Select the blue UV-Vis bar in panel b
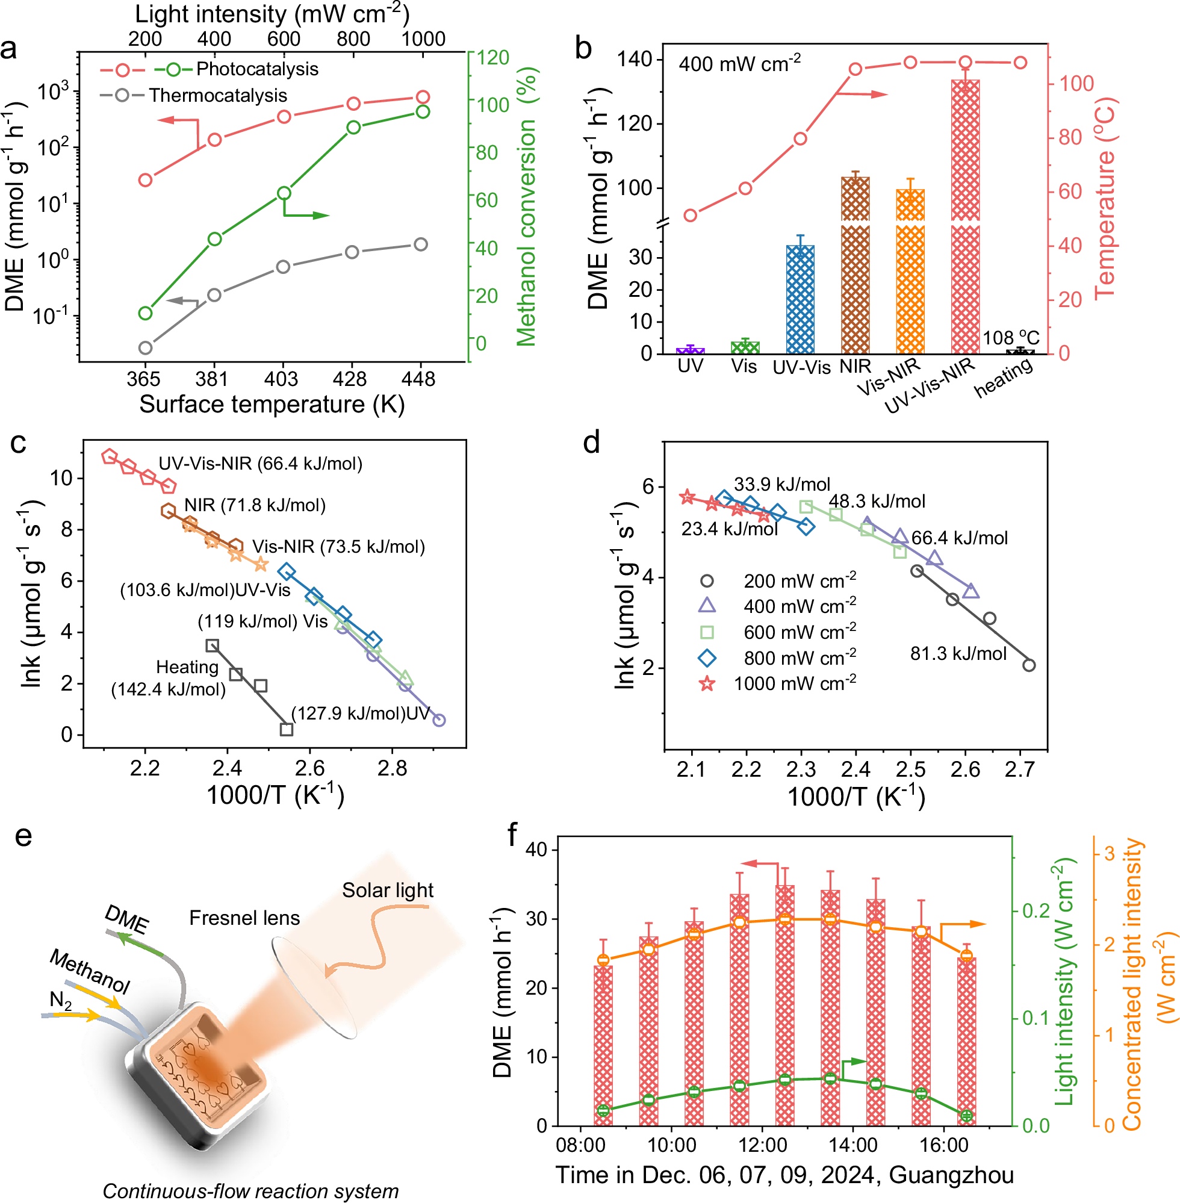coord(800,300)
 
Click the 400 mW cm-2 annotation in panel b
coord(739,63)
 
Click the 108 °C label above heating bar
coord(1011,338)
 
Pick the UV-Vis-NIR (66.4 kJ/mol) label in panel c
coord(260,464)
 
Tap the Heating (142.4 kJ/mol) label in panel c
coord(169,678)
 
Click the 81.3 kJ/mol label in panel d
coord(958,653)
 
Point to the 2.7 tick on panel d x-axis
coord(1019,769)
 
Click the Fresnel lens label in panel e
coord(244,918)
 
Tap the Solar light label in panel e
coord(387,890)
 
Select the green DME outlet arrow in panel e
coord(140,944)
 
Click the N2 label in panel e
coord(61,999)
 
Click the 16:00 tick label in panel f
coord(944,1145)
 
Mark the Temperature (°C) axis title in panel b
coord(1105,198)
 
